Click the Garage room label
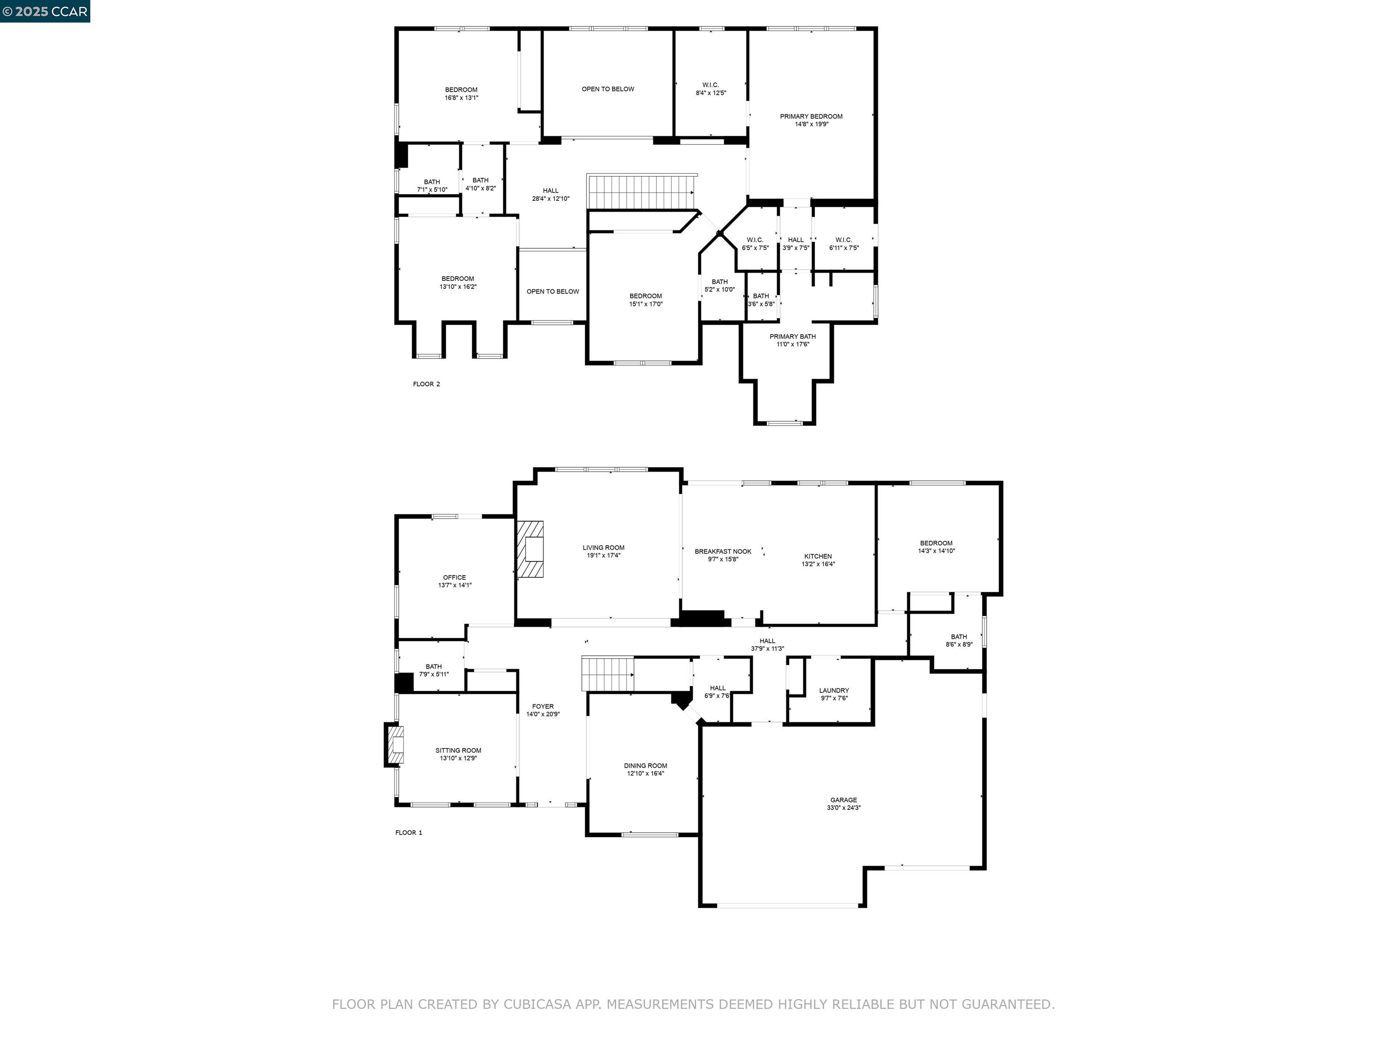[x=843, y=800]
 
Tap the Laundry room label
[x=834, y=690]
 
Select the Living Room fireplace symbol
[x=531, y=549]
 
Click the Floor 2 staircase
[x=641, y=192]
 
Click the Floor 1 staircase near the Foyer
[x=607, y=673]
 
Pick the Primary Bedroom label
[x=811, y=116]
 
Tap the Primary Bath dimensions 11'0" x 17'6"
[x=792, y=344]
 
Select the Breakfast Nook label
[x=722, y=552]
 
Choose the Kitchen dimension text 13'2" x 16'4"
[x=818, y=564]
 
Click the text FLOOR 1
[x=409, y=832]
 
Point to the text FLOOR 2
[x=426, y=384]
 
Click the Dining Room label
[x=645, y=766]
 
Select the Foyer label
[x=542, y=706]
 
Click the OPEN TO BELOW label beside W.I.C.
[x=608, y=89]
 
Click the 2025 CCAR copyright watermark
[x=45, y=11]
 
